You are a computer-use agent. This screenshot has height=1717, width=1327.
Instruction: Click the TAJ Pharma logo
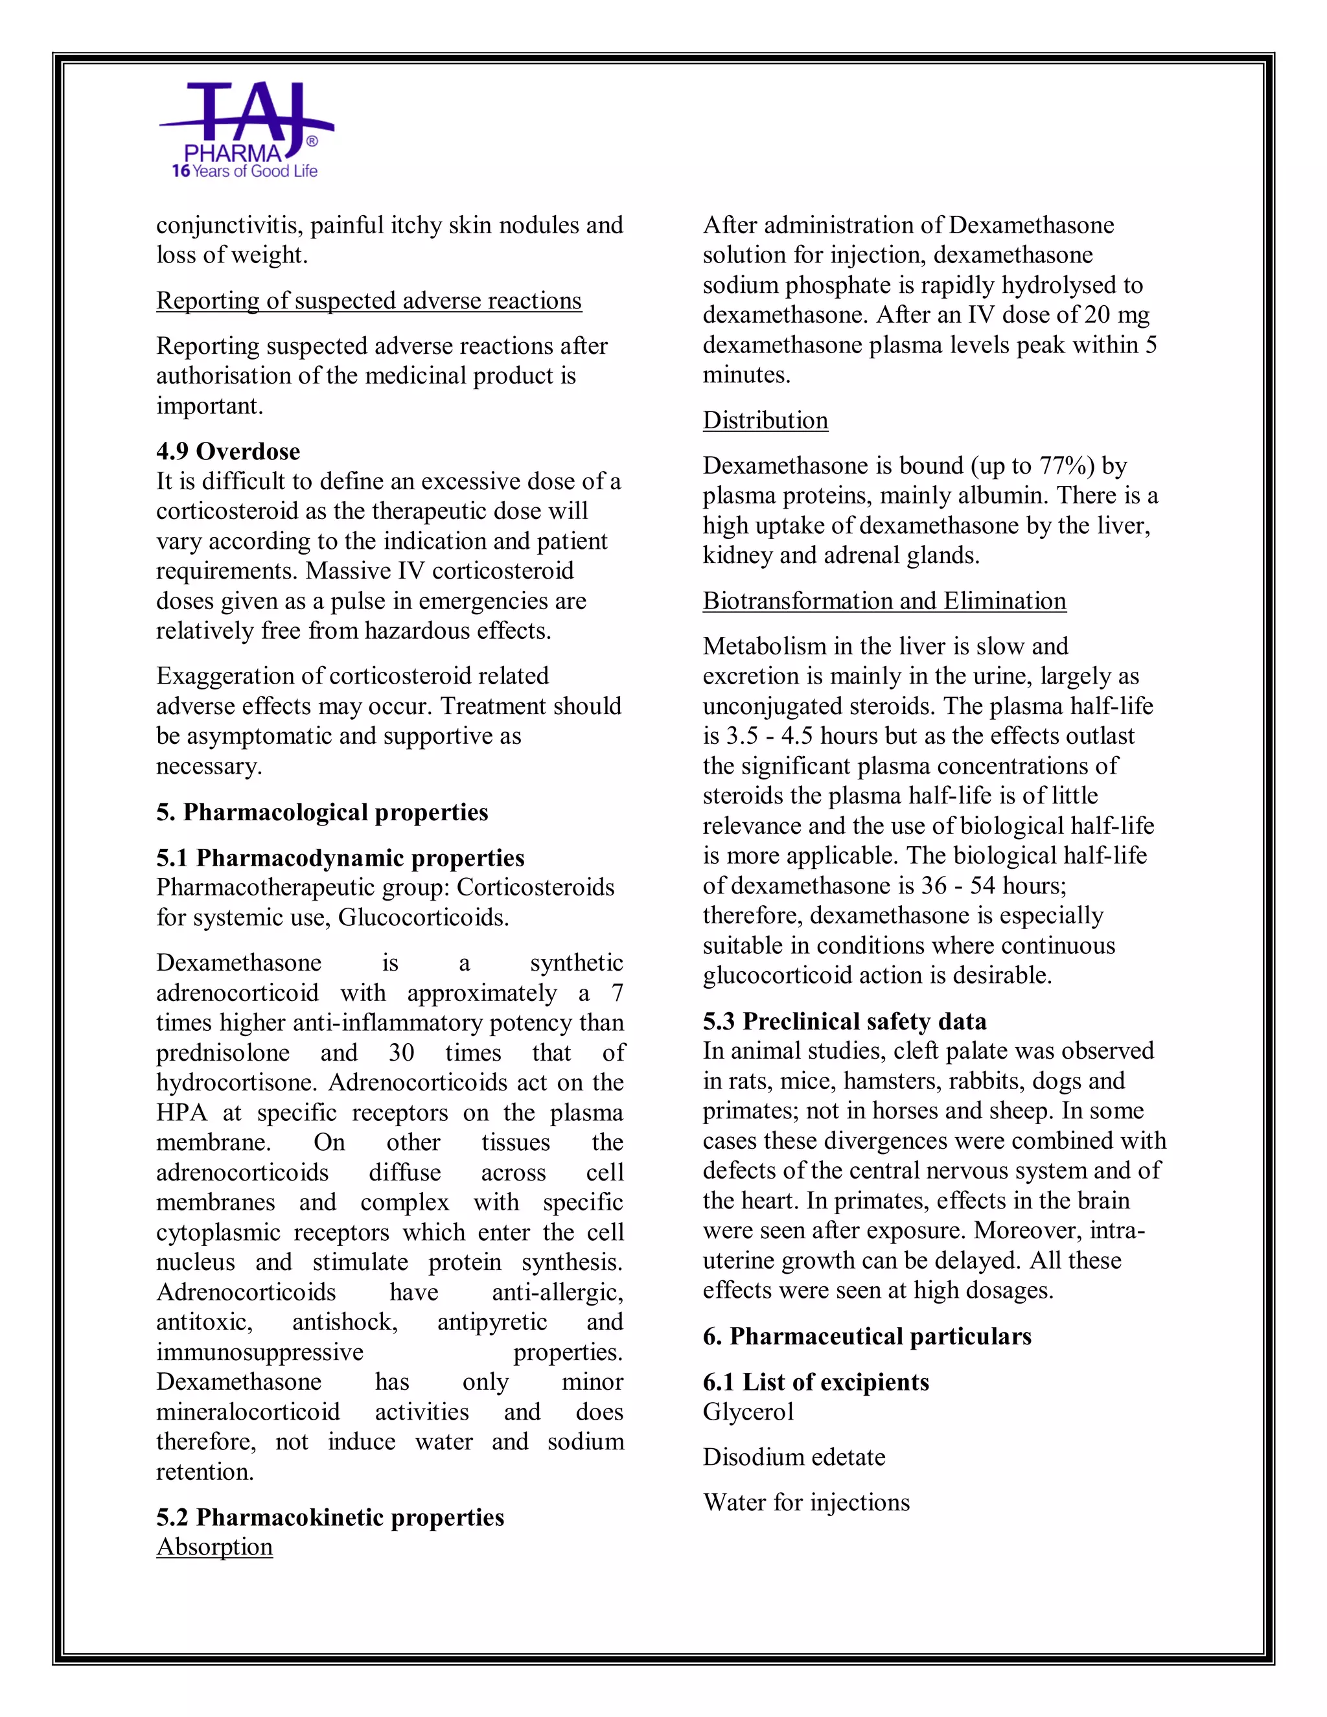(246, 130)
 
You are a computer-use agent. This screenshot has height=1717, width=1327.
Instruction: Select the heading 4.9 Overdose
(228, 451)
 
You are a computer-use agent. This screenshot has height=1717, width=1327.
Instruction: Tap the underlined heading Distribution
(765, 421)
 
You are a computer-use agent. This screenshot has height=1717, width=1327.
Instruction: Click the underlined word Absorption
(214, 1547)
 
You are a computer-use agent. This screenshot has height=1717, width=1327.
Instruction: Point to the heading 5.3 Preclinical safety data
(844, 1021)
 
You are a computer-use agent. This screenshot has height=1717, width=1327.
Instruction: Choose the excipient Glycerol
(748, 1411)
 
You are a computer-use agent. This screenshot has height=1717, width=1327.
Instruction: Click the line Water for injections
(806, 1503)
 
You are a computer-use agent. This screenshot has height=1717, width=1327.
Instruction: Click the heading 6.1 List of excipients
(815, 1382)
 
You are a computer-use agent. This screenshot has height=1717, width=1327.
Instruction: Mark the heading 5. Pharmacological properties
(321, 812)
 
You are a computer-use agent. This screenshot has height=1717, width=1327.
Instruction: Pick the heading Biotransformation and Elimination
(884, 601)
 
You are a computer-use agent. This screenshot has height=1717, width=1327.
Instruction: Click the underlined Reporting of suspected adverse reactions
(369, 301)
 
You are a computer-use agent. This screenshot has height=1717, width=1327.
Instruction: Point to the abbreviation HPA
(181, 1113)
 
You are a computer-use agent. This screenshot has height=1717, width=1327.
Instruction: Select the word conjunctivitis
(226, 225)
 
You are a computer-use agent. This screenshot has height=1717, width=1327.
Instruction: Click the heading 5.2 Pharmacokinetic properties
(330, 1517)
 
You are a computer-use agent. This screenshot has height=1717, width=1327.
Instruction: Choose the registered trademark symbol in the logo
(311, 141)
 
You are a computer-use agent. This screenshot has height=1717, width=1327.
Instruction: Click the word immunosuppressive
(259, 1352)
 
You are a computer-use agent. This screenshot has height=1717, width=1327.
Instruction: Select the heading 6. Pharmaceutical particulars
(866, 1337)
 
